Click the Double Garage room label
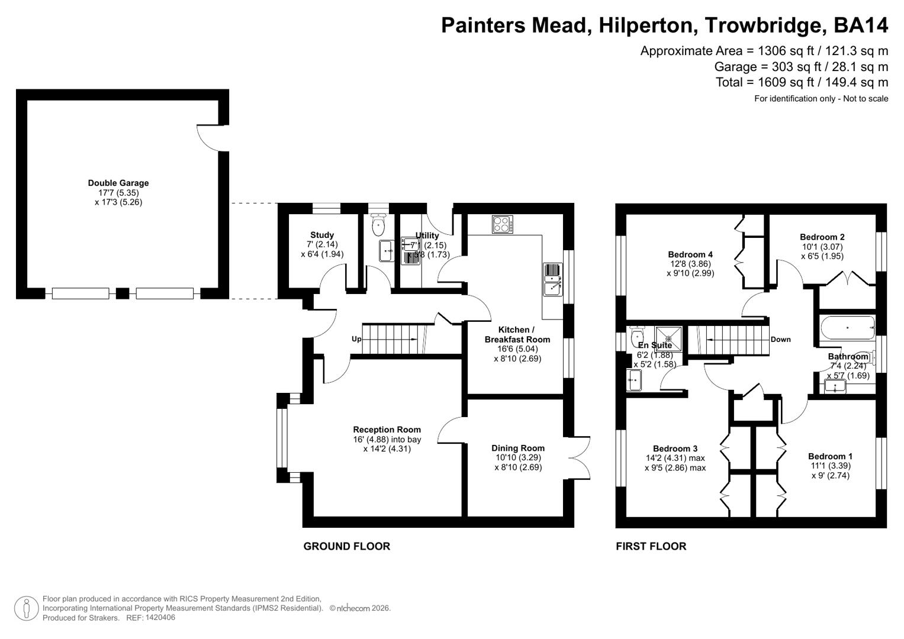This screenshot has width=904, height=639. (118, 183)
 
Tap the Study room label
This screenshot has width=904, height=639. (322, 235)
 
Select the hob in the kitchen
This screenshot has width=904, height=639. (503, 224)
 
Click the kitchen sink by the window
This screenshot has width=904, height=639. (552, 279)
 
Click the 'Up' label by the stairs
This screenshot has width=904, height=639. (356, 339)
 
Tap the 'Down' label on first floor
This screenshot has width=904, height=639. (780, 340)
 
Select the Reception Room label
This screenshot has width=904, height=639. (387, 430)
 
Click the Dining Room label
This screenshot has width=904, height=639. (518, 448)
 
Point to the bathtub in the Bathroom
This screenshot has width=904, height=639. (847, 328)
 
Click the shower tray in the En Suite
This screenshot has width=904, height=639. (668, 338)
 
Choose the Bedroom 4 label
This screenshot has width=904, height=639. (690, 254)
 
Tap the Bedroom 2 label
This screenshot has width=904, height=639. (822, 237)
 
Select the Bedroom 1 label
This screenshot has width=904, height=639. (830, 456)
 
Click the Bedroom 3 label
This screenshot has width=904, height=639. (675, 448)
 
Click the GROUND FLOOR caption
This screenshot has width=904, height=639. (346, 546)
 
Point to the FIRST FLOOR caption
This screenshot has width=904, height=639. (651, 546)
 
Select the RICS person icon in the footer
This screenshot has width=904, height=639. (26, 608)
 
